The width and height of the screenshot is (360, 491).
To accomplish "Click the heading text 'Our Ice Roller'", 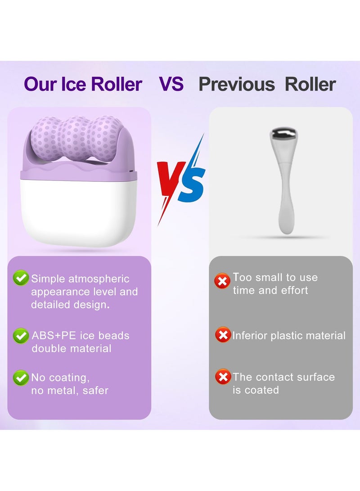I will (x=83, y=85).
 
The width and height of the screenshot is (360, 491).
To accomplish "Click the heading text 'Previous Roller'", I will (x=267, y=85).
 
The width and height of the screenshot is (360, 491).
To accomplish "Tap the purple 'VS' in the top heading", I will (x=171, y=84).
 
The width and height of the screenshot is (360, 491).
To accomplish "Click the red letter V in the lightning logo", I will (x=170, y=180).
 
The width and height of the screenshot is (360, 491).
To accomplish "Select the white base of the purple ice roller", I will (x=79, y=207).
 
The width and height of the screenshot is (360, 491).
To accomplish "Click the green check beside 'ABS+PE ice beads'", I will (x=21, y=336).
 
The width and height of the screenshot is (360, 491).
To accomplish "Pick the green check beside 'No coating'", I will (x=21, y=378).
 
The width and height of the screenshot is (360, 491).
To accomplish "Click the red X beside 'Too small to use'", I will (x=222, y=282).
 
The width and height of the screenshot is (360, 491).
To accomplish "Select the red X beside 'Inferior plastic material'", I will (x=222, y=335).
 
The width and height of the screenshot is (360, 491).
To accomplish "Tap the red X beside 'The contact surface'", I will (x=222, y=377).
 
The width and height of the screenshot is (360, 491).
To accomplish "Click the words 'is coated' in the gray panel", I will (x=256, y=390).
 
